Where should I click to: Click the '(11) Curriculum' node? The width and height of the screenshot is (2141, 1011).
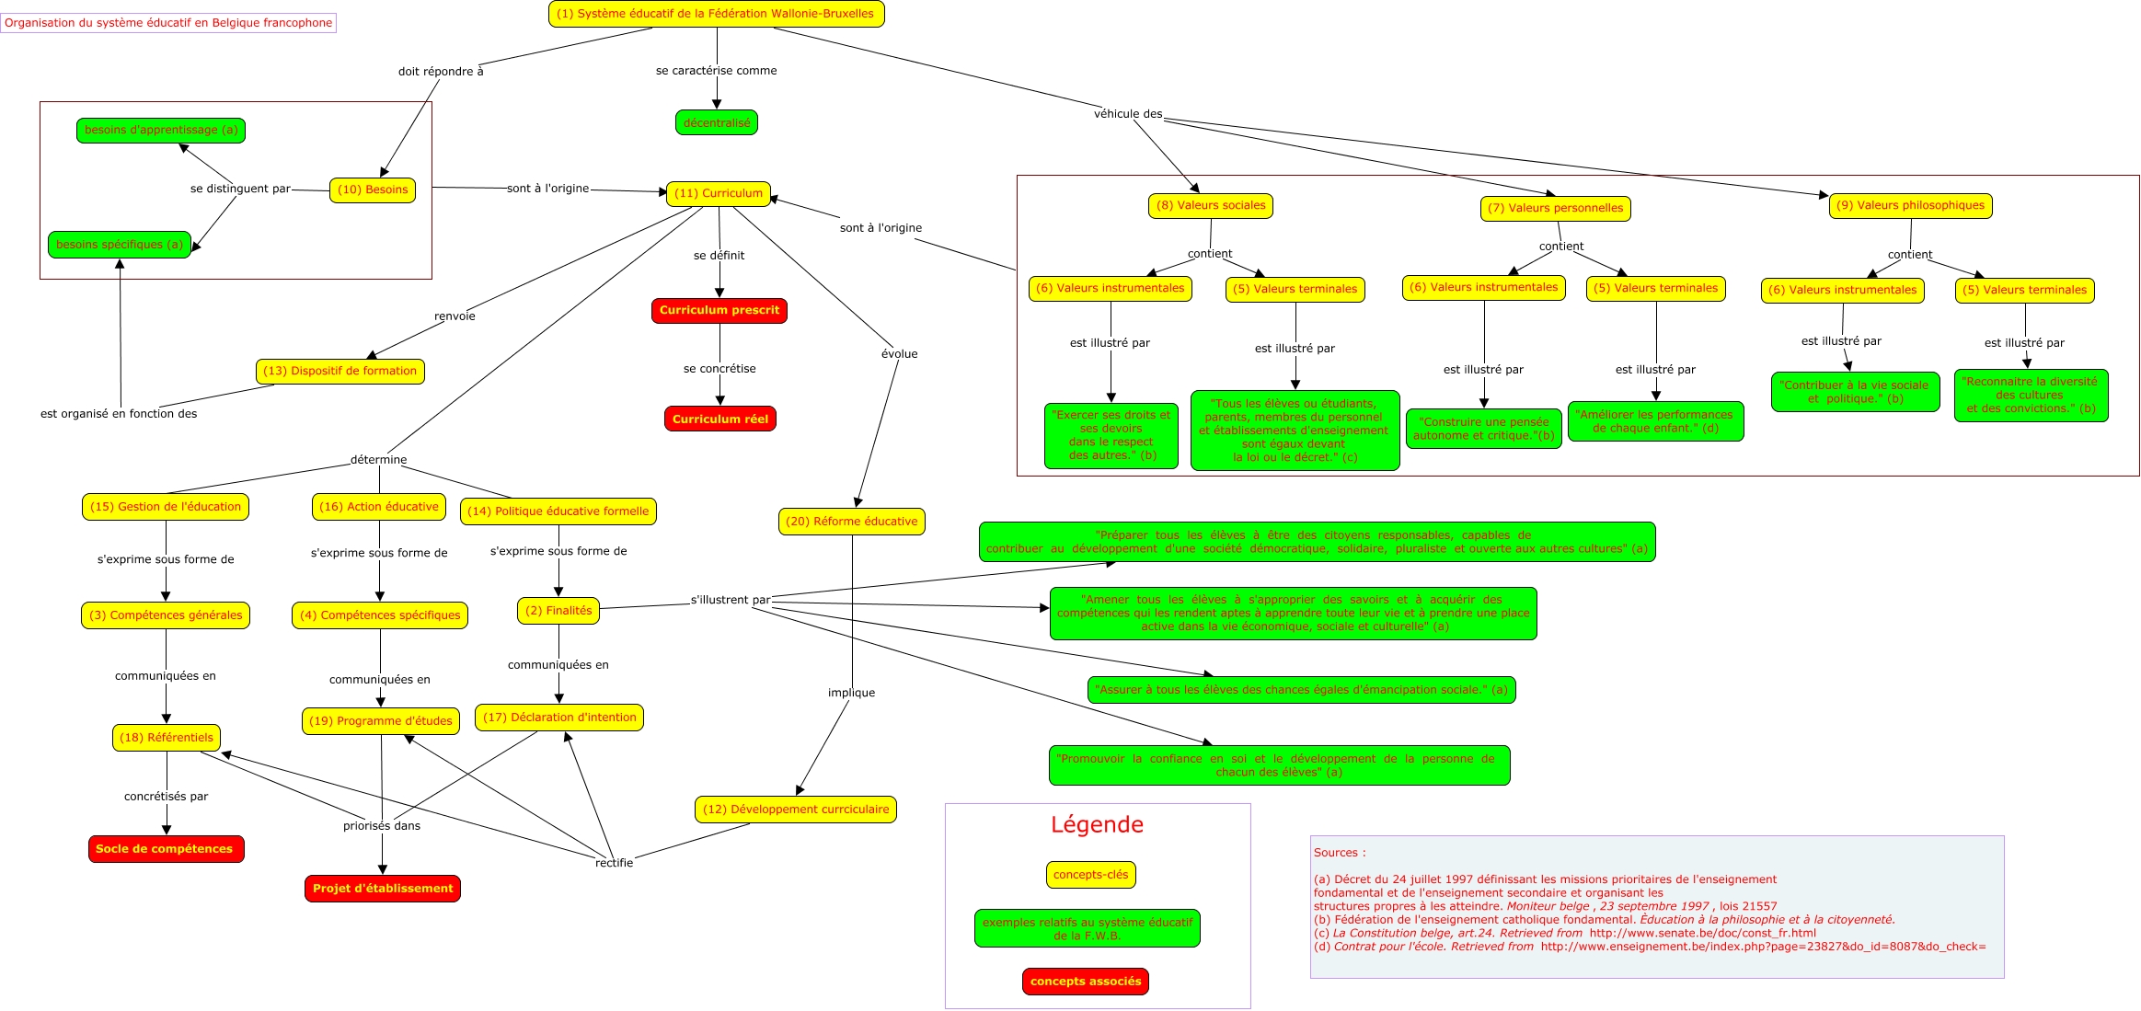(718, 193)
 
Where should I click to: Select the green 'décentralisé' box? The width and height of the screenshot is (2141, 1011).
(717, 122)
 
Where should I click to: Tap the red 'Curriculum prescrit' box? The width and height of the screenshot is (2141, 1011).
(719, 310)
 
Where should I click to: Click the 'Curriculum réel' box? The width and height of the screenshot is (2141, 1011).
(720, 419)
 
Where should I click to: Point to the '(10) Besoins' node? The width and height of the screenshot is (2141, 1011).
(373, 190)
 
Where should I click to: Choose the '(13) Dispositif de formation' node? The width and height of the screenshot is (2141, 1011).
(340, 371)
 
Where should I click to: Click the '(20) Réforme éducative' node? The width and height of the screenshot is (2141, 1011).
(851, 521)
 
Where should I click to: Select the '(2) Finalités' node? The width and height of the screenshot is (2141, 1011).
(558, 610)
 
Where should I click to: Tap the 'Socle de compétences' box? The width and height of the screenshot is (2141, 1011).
(166, 848)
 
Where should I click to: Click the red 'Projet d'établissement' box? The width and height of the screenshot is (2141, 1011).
(383, 888)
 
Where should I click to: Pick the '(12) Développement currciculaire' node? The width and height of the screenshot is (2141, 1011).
(796, 810)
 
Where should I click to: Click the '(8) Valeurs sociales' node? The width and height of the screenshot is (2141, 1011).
(1211, 205)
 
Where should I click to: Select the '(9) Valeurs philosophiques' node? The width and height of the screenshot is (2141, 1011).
(1910, 205)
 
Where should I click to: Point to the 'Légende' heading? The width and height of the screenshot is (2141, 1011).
(1097, 824)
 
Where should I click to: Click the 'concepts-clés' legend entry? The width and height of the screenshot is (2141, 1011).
(1090, 874)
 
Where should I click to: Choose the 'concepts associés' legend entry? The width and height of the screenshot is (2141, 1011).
(1086, 981)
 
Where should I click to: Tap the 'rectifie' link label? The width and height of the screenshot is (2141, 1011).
(614, 862)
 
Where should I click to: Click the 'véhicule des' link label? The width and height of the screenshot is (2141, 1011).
(1128, 114)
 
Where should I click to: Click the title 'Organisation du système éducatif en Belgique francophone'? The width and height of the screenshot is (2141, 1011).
(168, 22)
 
